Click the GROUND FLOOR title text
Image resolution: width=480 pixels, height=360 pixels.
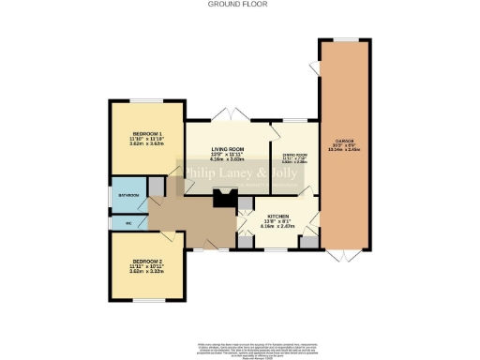pyautogui.click(x=239, y=5)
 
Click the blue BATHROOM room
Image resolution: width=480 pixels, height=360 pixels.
pyautogui.click(x=127, y=195)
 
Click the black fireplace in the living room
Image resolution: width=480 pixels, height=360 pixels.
pyautogui.click(x=223, y=198)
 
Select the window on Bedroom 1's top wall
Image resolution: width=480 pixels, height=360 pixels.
pyautogui.click(x=145, y=99)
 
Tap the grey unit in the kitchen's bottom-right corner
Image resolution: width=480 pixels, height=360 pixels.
pyautogui.click(x=307, y=242)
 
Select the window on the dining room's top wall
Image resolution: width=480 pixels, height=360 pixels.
pyautogui.click(x=292, y=120)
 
